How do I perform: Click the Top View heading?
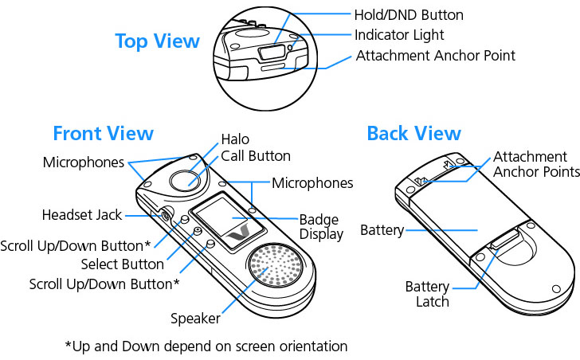point(157,41)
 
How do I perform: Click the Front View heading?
point(103,133)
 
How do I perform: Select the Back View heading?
point(413,133)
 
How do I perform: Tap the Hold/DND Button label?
point(409,14)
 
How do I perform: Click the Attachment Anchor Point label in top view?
point(435,56)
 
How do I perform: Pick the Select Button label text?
point(122,264)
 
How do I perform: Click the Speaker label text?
point(195,319)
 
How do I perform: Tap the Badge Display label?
point(320,227)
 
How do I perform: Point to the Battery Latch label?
point(427,294)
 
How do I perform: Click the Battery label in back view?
point(381,231)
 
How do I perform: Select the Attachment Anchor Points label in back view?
point(535,164)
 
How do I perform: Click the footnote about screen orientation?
point(206,346)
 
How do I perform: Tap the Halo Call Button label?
point(255,148)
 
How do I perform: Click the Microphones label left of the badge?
point(84,162)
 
